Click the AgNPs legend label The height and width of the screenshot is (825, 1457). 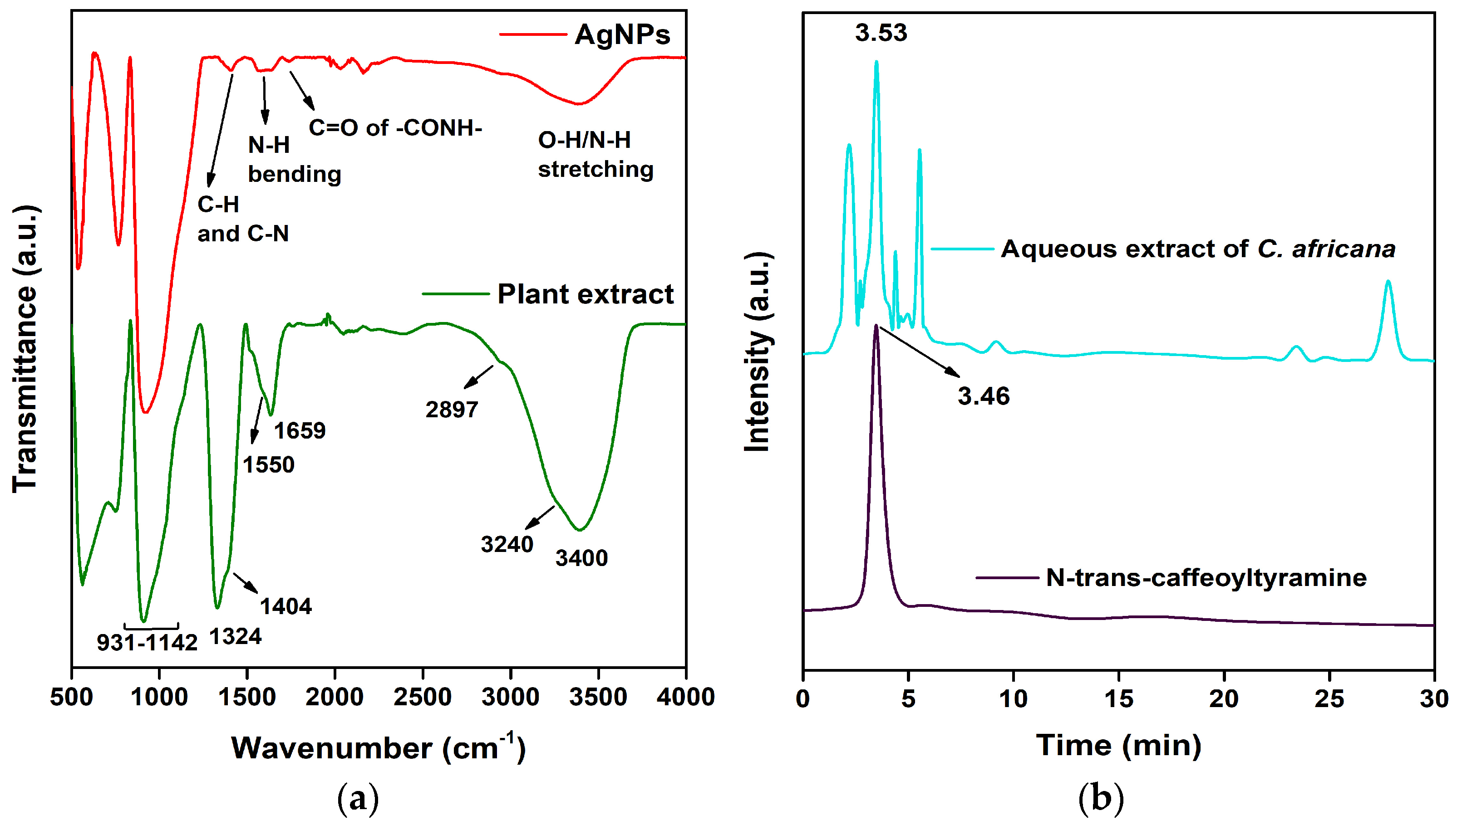[622, 34]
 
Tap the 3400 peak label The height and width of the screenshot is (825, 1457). [581, 558]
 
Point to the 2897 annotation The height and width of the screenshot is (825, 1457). [452, 410]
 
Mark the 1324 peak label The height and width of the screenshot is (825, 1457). [235, 637]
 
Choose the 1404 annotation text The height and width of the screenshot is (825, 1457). [286, 606]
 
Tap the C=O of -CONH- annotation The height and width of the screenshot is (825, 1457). [395, 127]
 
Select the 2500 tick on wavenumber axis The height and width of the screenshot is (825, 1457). [423, 697]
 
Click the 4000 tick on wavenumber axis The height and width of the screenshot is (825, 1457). [685, 697]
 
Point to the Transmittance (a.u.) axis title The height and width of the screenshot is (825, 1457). [25, 348]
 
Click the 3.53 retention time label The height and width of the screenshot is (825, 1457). [881, 33]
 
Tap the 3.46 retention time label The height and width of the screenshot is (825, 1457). [984, 396]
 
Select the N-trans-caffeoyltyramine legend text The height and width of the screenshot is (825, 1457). [1206, 578]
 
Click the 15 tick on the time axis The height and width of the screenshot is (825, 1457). [1118, 698]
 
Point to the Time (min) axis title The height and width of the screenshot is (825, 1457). [1118, 745]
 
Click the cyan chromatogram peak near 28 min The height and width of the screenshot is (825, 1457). [1388, 283]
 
